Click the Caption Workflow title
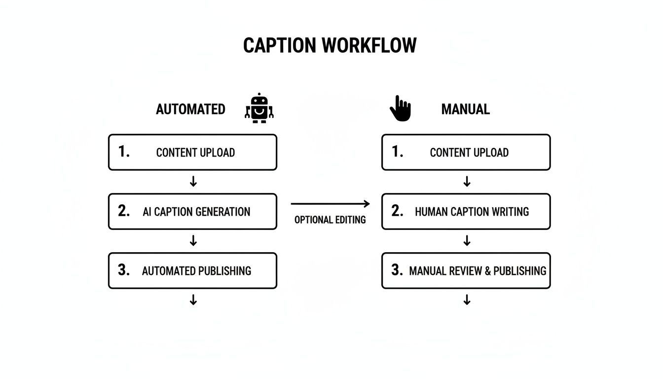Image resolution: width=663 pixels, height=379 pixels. point(330,45)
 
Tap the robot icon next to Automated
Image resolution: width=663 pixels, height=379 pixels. point(259,108)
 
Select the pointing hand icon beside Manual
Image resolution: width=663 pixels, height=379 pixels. point(400,108)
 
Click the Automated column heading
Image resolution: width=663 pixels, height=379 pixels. point(190,109)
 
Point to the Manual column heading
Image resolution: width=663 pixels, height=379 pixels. point(465,109)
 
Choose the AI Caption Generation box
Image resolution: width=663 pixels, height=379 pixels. point(192,212)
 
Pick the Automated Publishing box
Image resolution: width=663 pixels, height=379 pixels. point(192,270)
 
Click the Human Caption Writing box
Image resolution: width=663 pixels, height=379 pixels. point(466,212)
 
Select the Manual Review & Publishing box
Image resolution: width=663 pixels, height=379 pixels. point(466,270)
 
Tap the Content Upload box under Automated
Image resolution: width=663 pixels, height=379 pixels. point(192,152)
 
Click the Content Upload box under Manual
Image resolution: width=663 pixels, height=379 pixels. point(466,152)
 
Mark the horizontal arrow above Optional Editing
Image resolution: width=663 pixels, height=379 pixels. point(330,203)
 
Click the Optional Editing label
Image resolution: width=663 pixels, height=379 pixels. point(330,220)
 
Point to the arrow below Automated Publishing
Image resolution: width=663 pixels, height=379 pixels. point(193,300)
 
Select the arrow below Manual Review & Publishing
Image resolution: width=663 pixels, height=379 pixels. point(467,300)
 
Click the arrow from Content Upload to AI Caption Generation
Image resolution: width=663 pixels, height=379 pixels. point(193,182)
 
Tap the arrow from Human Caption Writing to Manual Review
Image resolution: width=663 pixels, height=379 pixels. point(467,241)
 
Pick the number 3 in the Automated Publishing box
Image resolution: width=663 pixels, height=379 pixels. point(123,270)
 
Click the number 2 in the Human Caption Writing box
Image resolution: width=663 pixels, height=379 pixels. point(397,211)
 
